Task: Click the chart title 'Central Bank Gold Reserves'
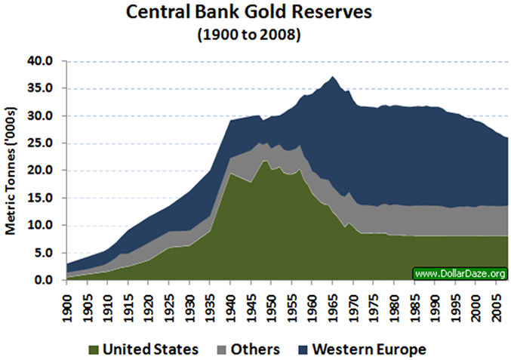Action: click(x=254, y=14)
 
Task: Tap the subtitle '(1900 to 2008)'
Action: click(x=254, y=35)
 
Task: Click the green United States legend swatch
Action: click(x=94, y=349)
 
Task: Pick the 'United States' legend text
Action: click(x=151, y=349)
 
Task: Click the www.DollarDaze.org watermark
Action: click(x=459, y=272)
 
